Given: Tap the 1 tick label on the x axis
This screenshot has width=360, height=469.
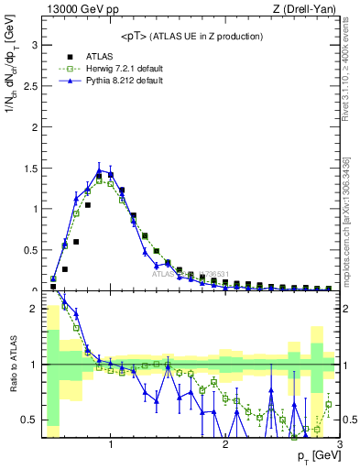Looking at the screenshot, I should (111, 446).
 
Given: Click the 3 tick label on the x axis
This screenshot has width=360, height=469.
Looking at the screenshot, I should (339, 446).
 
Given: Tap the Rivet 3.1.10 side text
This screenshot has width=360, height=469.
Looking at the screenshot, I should (350, 73).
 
